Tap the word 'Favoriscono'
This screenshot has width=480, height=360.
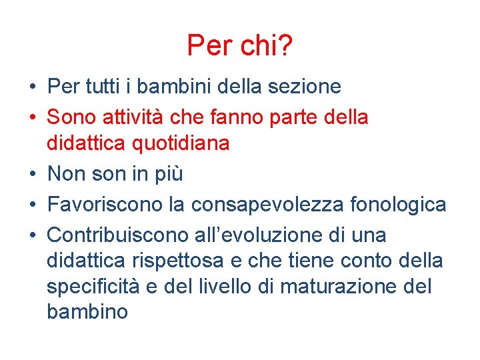(x=105, y=204)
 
